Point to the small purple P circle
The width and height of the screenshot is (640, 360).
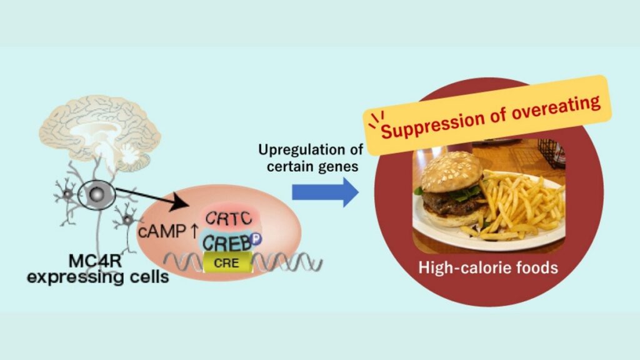(x=257, y=238)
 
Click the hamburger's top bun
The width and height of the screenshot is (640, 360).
(x=450, y=172)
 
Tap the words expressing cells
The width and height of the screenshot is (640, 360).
(x=97, y=278)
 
